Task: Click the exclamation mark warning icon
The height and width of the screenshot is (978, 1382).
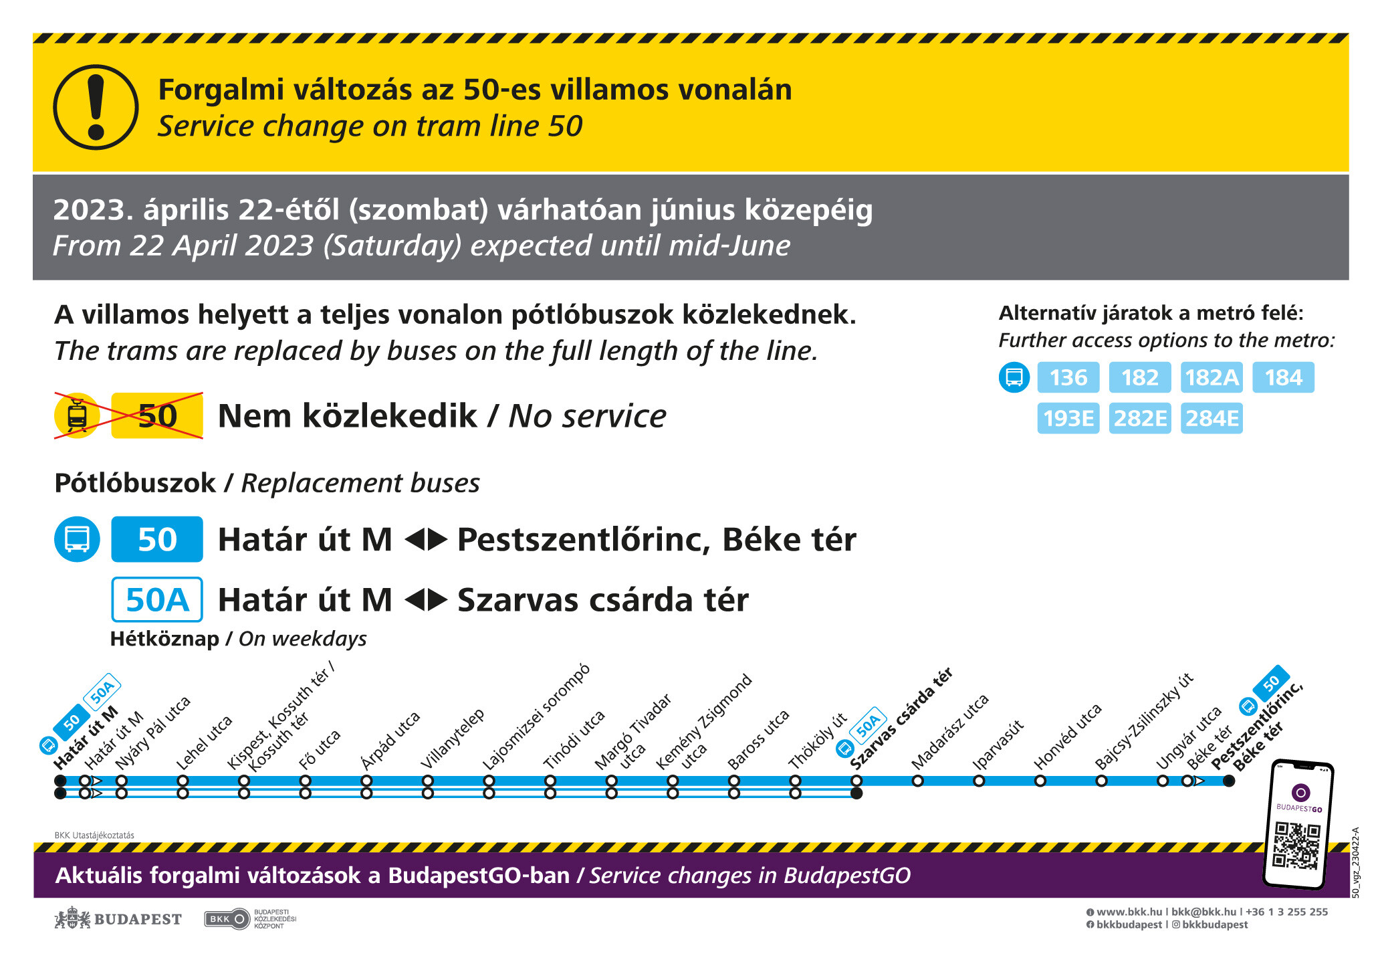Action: (x=96, y=107)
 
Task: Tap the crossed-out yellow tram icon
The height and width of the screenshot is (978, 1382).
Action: (x=78, y=415)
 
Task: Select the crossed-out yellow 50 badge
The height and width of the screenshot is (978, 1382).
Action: (x=157, y=416)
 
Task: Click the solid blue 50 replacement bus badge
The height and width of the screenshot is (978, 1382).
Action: (x=157, y=539)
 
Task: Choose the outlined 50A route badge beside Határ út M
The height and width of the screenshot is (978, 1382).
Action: (x=157, y=599)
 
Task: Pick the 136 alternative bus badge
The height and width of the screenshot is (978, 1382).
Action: (x=1068, y=378)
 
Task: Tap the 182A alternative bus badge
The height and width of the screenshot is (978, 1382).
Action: (x=1212, y=378)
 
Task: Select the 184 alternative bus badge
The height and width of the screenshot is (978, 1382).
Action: (x=1283, y=378)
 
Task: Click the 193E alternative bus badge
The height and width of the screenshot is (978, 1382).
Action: (x=1068, y=418)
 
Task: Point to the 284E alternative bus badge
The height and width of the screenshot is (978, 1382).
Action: (x=1212, y=418)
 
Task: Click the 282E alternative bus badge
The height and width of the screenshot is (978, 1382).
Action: (x=1140, y=418)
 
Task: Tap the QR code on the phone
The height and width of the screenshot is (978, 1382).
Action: (x=1296, y=845)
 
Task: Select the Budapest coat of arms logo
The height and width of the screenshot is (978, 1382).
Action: (x=72, y=918)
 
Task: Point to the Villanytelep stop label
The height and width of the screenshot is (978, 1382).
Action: (x=452, y=739)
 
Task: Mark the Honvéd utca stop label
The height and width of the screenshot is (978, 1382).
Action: (x=1067, y=737)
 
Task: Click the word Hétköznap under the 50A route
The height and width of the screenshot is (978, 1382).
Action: (x=164, y=639)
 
